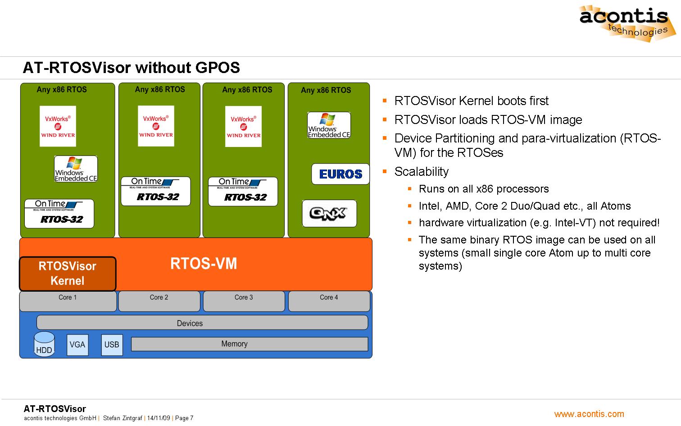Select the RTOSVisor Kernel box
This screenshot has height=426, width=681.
tap(68, 274)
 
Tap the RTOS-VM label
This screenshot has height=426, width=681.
tap(204, 264)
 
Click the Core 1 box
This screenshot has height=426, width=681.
tap(68, 301)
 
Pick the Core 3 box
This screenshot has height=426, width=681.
tap(244, 301)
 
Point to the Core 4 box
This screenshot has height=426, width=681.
tap(329, 301)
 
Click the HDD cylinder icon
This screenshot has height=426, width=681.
tap(44, 344)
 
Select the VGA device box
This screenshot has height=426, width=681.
tap(77, 345)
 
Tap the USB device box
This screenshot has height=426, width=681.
tap(112, 345)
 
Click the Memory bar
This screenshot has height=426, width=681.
tap(249, 344)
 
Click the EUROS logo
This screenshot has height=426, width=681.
tap(340, 174)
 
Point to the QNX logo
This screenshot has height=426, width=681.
tap(329, 213)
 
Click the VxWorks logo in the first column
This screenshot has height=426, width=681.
tap(58, 126)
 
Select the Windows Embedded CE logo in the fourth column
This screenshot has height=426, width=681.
tap(329, 125)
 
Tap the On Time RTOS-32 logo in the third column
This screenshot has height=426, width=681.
tap(243, 192)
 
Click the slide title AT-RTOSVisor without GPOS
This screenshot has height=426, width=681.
tap(131, 68)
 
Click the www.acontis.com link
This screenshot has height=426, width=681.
tap(589, 414)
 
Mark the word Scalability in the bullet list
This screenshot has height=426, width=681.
tap(422, 172)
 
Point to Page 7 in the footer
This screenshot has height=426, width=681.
tap(184, 418)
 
